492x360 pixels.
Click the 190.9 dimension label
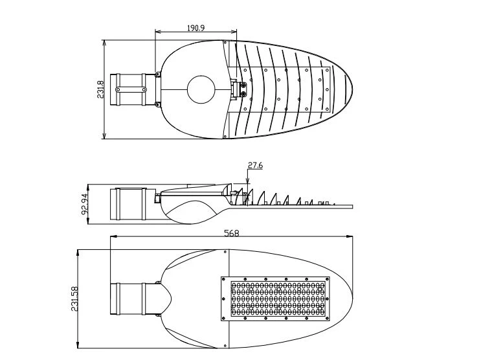click(196, 28)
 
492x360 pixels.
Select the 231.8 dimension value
click(100, 89)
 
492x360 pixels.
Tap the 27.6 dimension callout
click(255, 165)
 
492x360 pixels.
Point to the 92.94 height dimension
click(85, 204)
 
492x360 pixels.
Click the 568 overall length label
click(232, 233)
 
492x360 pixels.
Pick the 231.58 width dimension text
click(74, 298)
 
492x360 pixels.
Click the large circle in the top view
click(201, 89)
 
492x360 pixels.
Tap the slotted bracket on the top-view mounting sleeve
click(131, 89)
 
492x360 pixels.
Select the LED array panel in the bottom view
click(276, 298)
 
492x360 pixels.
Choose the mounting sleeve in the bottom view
click(133, 298)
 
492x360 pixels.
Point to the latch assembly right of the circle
click(239, 89)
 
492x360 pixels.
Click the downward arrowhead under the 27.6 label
click(248, 181)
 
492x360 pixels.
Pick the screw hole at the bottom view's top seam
click(225, 252)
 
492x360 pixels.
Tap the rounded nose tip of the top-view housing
click(352, 89)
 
